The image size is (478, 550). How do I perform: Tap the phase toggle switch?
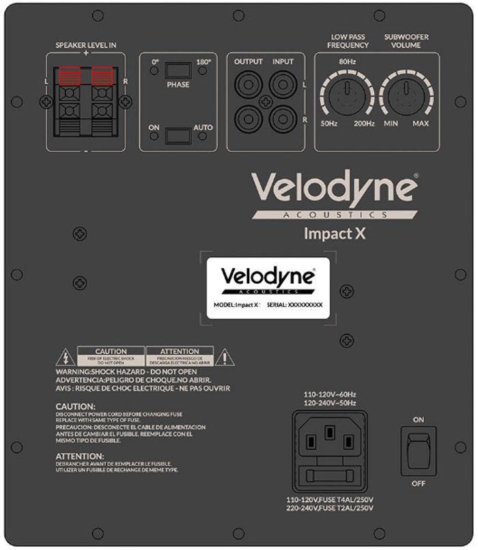point(178,70)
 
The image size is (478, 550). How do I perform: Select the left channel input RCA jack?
point(282,85)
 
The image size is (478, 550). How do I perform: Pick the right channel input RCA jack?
point(282,118)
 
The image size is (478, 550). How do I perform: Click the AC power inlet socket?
point(329,442)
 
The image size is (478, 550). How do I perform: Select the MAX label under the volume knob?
point(421,124)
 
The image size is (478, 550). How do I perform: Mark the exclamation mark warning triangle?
point(225,356)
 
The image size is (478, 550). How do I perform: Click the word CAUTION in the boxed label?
point(111,351)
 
